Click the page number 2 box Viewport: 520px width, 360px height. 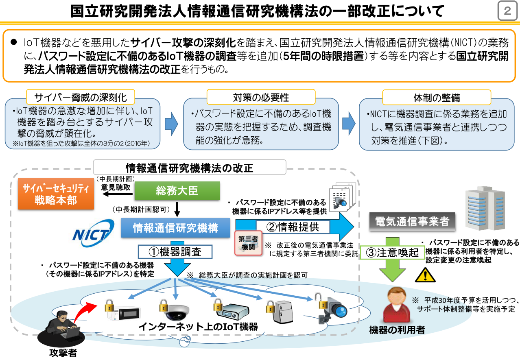pyautogui.click(x=507, y=11)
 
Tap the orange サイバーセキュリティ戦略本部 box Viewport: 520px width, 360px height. pyautogui.click(x=55, y=194)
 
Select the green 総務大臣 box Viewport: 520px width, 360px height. pyautogui.click(x=177, y=191)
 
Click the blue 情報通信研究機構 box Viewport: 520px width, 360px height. pyautogui.click(x=176, y=228)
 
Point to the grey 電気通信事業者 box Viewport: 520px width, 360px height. pyautogui.click(x=412, y=221)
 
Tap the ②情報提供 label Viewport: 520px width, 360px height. pyautogui.click(x=292, y=227)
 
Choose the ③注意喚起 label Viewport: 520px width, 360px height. pyautogui.click(x=392, y=252)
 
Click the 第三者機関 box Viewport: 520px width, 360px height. pyautogui.click(x=248, y=242)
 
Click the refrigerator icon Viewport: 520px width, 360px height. pyautogui.click(x=283, y=313)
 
